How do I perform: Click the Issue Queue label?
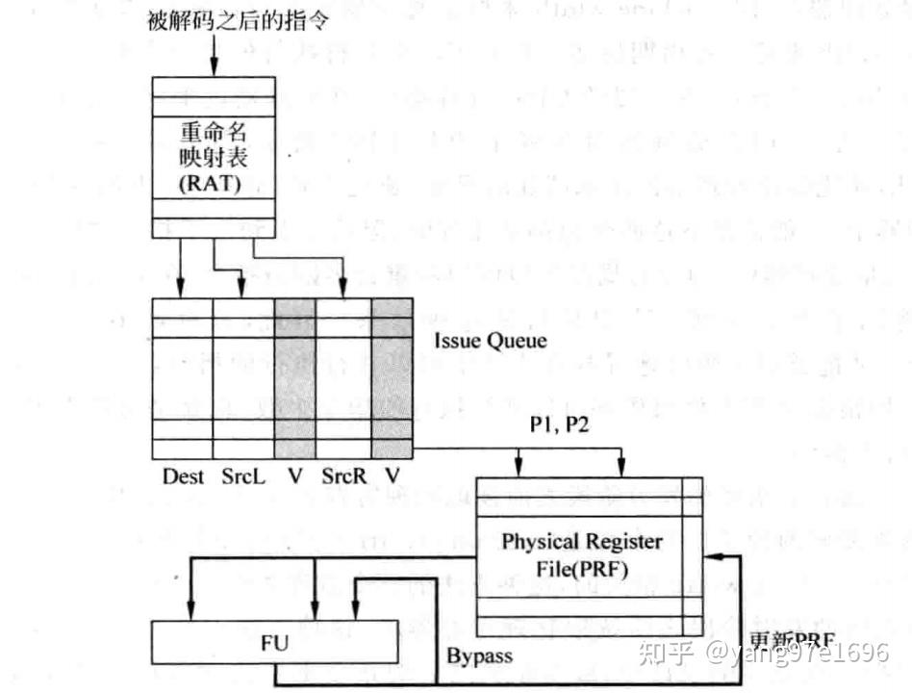click(x=490, y=340)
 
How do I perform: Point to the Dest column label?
click(x=184, y=475)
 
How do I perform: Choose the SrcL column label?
click(x=243, y=475)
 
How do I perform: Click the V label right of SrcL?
click(x=294, y=475)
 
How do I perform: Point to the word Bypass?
click(x=479, y=656)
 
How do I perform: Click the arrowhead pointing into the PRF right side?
click(x=710, y=556)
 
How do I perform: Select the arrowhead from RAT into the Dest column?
click(x=182, y=290)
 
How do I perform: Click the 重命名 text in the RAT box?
click(x=213, y=131)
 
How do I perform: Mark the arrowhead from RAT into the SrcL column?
click(x=243, y=290)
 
